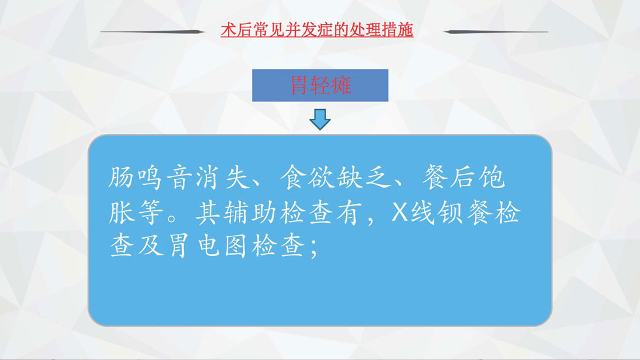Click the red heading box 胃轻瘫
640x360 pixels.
click(320, 86)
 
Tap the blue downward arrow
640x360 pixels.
click(320, 119)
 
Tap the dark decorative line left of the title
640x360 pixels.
click(152, 31)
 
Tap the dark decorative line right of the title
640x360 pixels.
click(496, 31)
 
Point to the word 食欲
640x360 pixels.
click(308, 178)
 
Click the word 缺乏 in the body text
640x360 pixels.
click(364, 178)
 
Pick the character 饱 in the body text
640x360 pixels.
click(492, 178)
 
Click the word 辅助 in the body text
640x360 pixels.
click(250, 212)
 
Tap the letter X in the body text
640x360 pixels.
click(400, 212)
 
